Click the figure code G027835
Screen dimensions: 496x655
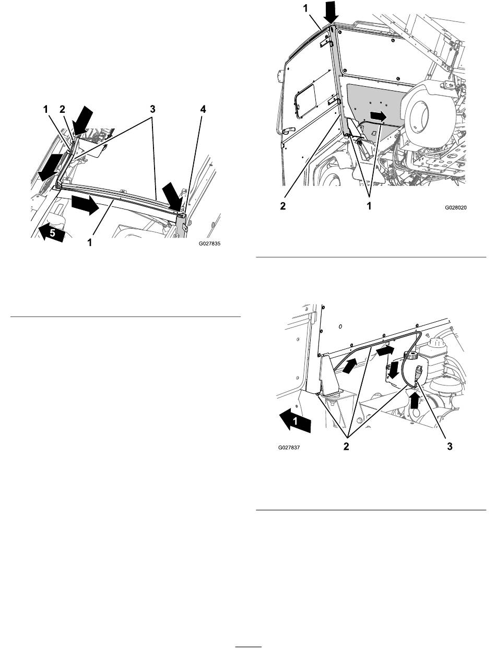[x=209, y=243]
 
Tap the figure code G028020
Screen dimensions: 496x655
[x=455, y=207]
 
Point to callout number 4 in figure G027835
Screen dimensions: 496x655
[x=203, y=109]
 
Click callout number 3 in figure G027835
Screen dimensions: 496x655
[x=152, y=109]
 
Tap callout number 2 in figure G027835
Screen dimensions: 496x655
[x=62, y=109]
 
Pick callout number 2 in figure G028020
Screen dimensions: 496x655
[x=283, y=206]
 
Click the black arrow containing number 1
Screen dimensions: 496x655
[x=295, y=420]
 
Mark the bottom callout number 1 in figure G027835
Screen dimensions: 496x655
[x=89, y=242]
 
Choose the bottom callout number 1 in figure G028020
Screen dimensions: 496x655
[x=369, y=206]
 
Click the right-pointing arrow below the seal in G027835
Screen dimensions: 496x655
[x=85, y=205]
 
